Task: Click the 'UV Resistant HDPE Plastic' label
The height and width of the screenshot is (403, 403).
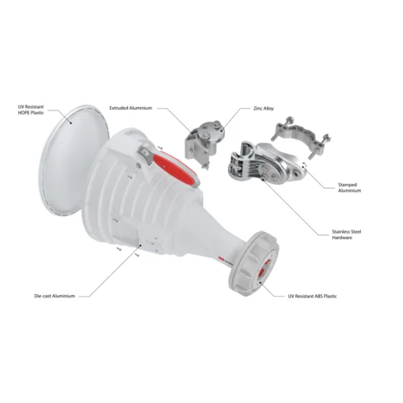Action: (x=31, y=110)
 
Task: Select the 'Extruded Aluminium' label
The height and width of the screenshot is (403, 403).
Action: (x=131, y=108)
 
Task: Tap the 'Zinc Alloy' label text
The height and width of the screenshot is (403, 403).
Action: (x=264, y=109)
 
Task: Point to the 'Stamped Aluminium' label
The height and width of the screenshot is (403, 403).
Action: (x=349, y=188)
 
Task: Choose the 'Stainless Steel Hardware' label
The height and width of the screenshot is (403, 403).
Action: (x=347, y=235)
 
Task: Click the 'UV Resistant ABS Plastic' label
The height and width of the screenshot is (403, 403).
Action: (x=313, y=297)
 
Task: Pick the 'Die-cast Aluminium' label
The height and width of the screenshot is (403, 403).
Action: (x=55, y=296)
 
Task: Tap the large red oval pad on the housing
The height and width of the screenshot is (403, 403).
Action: (x=176, y=168)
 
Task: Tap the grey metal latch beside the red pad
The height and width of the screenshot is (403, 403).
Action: (x=146, y=156)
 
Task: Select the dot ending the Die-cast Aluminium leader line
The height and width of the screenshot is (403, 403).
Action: (x=140, y=245)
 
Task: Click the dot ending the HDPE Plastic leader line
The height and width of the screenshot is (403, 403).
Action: (x=71, y=123)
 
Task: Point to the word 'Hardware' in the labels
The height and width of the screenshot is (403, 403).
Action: (x=342, y=238)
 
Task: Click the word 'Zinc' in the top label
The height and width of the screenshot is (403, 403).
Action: (x=258, y=109)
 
